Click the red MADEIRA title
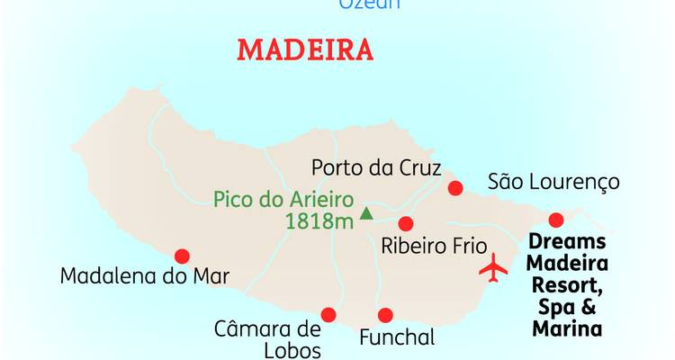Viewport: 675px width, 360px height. (304, 49)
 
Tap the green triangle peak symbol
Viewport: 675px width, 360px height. (366, 213)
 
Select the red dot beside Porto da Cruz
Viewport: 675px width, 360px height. (455, 188)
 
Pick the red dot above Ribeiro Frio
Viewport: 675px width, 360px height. (406, 223)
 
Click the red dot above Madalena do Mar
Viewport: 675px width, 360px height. (183, 256)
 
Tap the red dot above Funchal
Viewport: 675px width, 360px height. (385, 315)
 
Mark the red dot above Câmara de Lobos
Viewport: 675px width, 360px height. (328, 315)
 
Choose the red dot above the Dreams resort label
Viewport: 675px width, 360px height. (556, 220)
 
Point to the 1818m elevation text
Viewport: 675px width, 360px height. (319, 221)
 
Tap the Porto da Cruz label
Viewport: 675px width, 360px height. (376, 168)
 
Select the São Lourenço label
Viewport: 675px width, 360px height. (553, 182)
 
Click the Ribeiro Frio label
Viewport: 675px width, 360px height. (434, 246)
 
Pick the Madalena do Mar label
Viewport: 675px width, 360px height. (145, 275)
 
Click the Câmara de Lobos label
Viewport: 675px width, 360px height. (267, 337)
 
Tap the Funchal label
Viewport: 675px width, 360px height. (397, 339)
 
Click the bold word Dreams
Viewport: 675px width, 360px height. (567, 243)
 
